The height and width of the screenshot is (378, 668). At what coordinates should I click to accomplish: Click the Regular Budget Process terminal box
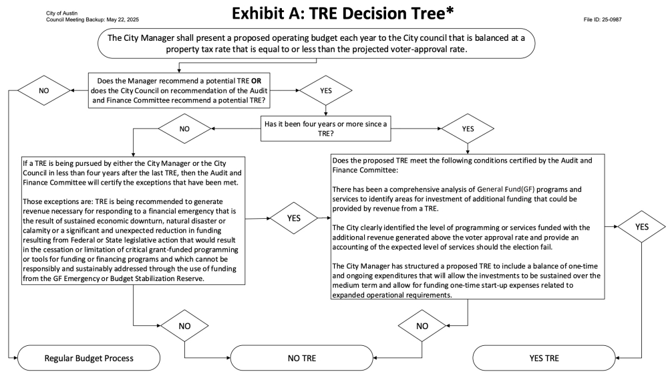[89, 358]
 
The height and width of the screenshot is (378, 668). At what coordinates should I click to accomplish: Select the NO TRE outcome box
[302, 358]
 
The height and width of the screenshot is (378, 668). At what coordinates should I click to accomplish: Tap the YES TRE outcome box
[544, 358]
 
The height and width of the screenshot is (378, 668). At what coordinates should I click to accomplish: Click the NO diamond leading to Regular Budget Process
[44, 90]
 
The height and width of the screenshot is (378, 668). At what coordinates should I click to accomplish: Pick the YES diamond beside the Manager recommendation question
[326, 90]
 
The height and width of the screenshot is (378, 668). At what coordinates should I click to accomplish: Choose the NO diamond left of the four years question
[184, 129]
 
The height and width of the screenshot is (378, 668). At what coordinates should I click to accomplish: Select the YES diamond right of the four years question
[468, 129]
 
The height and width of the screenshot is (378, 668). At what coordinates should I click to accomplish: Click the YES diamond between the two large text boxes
[294, 218]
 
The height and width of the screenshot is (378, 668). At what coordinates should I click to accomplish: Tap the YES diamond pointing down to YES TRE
[641, 227]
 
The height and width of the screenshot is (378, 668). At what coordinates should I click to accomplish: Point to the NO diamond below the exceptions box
[184, 326]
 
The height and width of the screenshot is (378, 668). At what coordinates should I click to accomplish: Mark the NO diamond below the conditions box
[422, 326]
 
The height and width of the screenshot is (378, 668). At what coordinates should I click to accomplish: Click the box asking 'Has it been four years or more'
[325, 128]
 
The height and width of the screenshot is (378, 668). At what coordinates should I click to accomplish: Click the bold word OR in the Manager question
[256, 81]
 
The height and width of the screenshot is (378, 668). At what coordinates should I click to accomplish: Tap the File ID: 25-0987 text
[603, 19]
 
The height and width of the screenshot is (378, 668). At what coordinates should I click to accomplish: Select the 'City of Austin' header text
[61, 13]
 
